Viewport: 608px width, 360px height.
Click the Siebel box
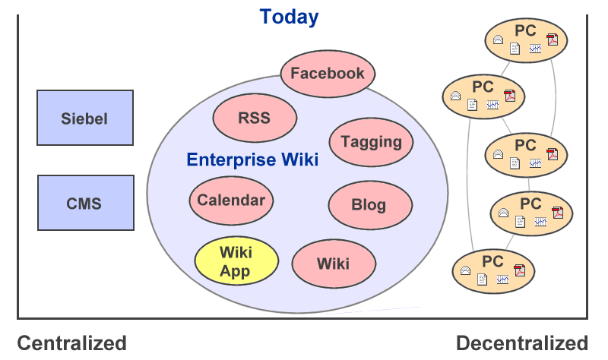point(85,118)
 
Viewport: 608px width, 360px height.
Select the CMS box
point(86,203)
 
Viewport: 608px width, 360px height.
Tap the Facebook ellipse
point(328,73)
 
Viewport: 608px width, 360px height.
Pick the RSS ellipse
point(255,118)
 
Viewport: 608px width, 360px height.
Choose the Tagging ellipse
point(371,142)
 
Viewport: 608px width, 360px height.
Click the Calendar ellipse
point(231,201)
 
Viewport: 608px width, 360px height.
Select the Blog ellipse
point(370,205)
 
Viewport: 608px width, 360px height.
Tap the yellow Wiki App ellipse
point(236,261)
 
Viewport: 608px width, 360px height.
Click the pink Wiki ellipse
point(334,264)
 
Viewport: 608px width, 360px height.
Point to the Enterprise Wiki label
point(252,159)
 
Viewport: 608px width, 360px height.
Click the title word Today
point(289,17)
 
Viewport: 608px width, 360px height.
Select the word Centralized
point(71,343)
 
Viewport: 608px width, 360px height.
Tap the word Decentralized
point(522,343)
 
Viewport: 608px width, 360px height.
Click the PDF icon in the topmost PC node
point(553,39)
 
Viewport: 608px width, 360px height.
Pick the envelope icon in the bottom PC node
point(465,270)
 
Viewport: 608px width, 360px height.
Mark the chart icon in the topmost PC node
point(536,49)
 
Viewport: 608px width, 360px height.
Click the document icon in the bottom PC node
point(482,279)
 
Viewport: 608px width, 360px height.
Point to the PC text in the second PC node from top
point(483,87)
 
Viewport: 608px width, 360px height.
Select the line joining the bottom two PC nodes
point(510,242)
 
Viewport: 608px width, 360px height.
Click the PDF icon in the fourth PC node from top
point(558,213)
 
